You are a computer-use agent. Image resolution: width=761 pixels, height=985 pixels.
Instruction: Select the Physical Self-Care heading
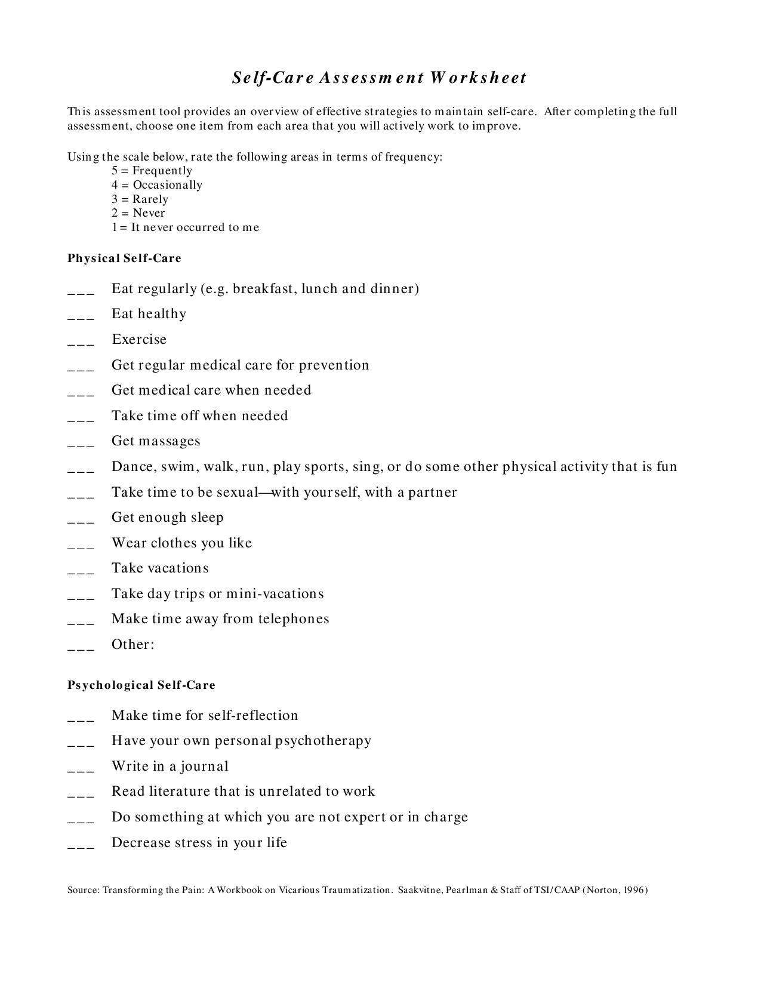pyautogui.click(x=124, y=258)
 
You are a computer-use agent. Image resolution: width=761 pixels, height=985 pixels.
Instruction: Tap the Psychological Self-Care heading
pyautogui.click(x=141, y=685)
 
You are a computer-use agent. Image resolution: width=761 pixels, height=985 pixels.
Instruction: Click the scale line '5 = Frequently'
pyautogui.click(x=152, y=171)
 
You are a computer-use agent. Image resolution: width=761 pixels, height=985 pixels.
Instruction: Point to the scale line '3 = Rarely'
pyautogui.click(x=140, y=199)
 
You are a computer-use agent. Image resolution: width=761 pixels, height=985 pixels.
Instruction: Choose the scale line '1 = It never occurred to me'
pyautogui.click(x=185, y=227)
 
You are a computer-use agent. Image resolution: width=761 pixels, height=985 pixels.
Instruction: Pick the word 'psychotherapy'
pyautogui.click(x=323, y=741)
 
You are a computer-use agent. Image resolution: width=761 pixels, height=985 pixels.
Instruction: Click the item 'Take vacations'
pyautogui.click(x=160, y=568)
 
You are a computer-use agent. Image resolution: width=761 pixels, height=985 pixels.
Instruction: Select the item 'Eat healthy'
pyautogui.click(x=149, y=314)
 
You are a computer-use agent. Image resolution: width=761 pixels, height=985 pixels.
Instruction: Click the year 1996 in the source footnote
pyautogui.click(x=634, y=890)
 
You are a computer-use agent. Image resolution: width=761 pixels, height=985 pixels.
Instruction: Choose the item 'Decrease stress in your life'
pyautogui.click(x=199, y=842)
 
